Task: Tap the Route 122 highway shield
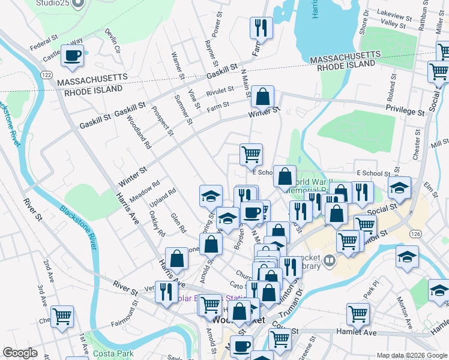click(x=46, y=73)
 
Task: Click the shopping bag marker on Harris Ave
click(x=177, y=259)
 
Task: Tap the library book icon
click(x=330, y=260)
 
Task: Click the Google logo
click(x=20, y=353)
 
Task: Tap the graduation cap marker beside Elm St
click(x=399, y=187)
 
